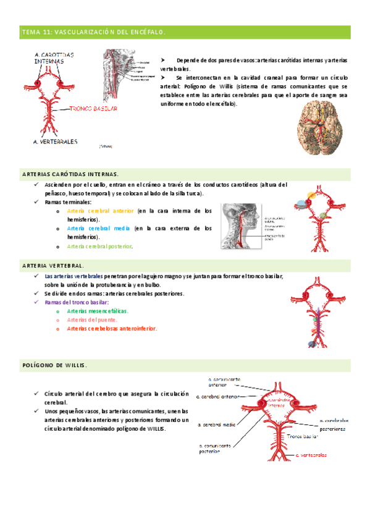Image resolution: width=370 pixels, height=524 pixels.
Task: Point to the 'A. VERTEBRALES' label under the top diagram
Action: tap(55, 142)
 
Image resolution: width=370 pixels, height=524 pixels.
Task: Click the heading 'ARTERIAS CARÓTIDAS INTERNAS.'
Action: tap(70, 174)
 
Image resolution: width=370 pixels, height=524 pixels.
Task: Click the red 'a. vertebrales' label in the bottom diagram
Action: tap(311, 455)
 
